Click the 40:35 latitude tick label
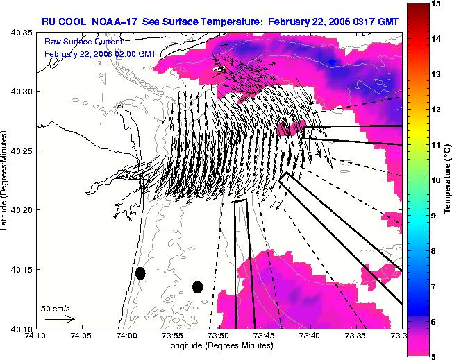pyautogui.click(x=22, y=33)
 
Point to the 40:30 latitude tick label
pyautogui.click(x=22, y=92)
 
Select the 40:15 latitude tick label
pyautogui.click(x=22, y=269)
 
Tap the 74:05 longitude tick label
pyautogui.click(x=83, y=336)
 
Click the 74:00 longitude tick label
pyautogui.click(x=128, y=336)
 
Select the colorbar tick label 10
pyautogui.click(x=435, y=180)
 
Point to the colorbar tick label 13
pyautogui.click(x=435, y=74)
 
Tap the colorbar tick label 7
pyautogui.click(x=433, y=286)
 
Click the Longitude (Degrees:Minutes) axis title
pyautogui.click(x=219, y=345)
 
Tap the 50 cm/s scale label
pyautogui.click(x=56, y=309)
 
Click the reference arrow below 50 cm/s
pyautogui.click(x=60, y=319)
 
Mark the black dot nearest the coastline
pyautogui.click(x=140, y=273)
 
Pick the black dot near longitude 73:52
pyautogui.click(x=197, y=287)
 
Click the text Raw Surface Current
pyautogui.click(x=84, y=42)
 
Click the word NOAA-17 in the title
pyautogui.click(x=114, y=22)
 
